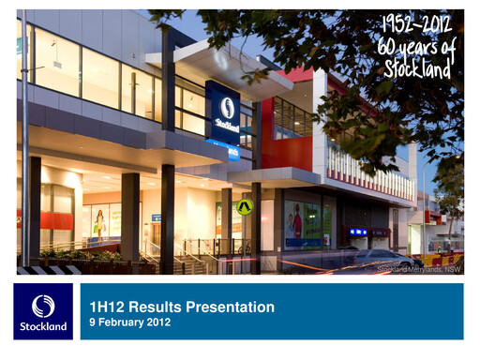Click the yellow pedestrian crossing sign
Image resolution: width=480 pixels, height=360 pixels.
point(245,206)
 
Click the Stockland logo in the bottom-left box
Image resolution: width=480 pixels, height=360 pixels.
point(43,307)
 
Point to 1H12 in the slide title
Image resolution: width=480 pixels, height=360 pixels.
point(105,307)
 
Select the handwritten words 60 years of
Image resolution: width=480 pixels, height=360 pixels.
point(417,45)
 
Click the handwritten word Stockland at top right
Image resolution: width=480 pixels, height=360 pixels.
point(417,67)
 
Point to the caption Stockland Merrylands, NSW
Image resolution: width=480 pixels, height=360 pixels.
point(419,269)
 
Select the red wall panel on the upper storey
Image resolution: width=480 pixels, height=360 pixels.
point(292,150)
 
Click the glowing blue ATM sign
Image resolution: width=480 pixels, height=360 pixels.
point(358,232)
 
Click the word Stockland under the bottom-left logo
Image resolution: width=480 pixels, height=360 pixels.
point(43,326)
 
